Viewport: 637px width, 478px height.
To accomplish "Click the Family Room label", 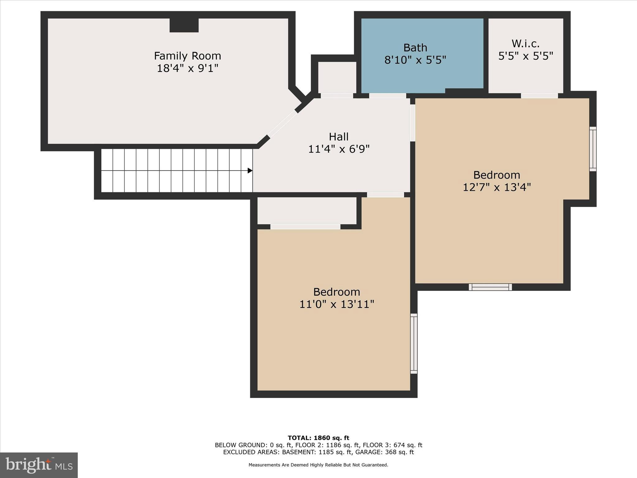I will click(x=187, y=56).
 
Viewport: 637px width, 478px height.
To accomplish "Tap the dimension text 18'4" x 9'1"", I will click(x=187, y=68).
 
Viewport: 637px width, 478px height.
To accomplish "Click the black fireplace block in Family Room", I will click(x=184, y=25).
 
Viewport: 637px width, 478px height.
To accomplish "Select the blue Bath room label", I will click(x=415, y=48).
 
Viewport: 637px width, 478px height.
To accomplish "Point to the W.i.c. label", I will click(x=525, y=44).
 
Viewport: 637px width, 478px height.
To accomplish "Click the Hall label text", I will click(x=338, y=137).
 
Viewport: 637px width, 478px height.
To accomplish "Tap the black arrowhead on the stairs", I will click(x=250, y=171).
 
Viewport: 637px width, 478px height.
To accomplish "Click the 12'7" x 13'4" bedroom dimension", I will click(x=496, y=187).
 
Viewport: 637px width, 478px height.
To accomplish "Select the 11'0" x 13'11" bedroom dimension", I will click(x=336, y=304).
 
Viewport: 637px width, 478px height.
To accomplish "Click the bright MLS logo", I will click(x=39, y=465).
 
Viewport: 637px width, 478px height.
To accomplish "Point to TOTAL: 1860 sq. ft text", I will click(x=318, y=438).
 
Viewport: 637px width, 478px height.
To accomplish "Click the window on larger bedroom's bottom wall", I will click(x=490, y=287).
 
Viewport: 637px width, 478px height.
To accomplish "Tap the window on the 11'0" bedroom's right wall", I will click(x=414, y=344).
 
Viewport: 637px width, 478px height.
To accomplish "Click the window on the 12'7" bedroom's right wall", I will click(x=593, y=149).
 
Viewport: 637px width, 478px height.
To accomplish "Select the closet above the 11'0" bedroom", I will click(x=306, y=211).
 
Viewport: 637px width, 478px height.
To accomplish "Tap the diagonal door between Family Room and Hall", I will click(x=282, y=124).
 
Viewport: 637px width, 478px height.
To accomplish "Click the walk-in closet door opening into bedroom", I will click(x=539, y=96).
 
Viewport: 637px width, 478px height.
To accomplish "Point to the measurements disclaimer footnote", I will click(x=318, y=465).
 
